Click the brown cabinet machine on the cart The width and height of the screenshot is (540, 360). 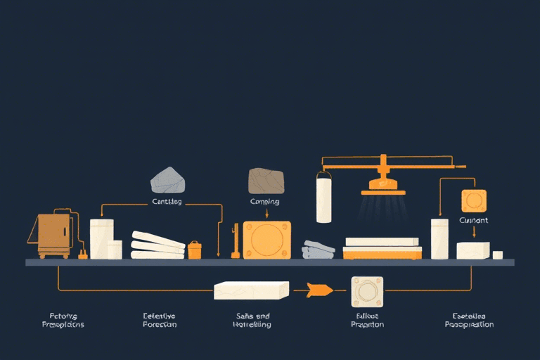pos(54,231)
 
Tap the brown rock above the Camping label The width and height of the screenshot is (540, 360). pos(266,181)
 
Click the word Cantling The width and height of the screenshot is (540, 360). pos(167,202)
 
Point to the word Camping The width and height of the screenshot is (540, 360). pos(264,202)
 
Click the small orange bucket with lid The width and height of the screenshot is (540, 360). pos(195,250)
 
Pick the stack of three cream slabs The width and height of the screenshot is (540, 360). pos(157,245)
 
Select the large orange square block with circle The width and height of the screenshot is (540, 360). pos(266,240)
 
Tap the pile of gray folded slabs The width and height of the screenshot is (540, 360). pos(319,250)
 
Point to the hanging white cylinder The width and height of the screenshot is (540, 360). pos(324,198)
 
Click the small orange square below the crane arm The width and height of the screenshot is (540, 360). pos(473,200)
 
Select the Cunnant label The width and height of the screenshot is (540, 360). pos(473,220)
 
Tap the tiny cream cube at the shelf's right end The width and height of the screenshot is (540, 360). pos(497,255)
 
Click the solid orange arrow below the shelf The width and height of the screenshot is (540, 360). pos(319,290)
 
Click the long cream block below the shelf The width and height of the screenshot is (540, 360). pos(252,290)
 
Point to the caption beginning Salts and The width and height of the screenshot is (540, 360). pos(251,321)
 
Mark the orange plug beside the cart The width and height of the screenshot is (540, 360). pos(83,254)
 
